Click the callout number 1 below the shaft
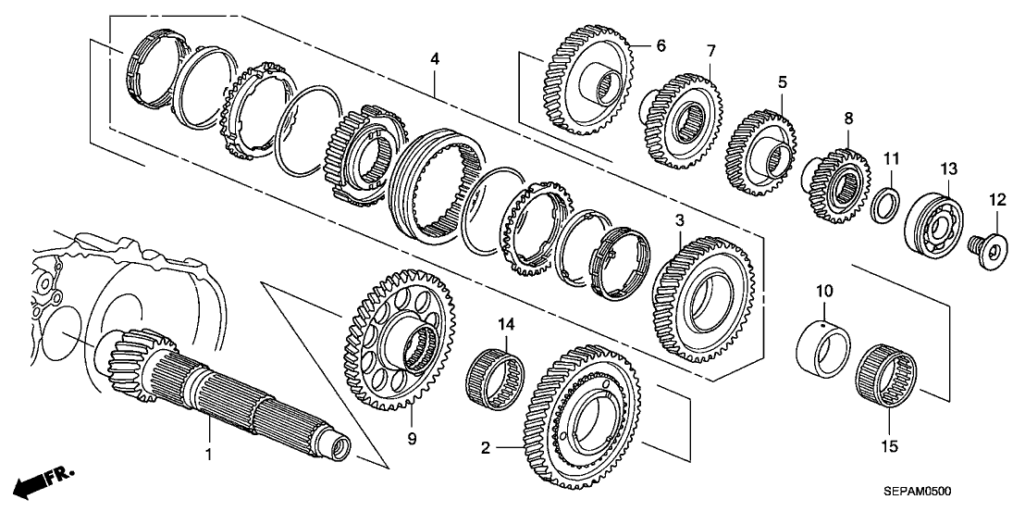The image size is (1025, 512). click(x=209, y=455)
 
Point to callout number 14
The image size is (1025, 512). click(x=506, y=325)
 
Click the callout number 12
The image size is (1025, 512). click(x=996, y=199)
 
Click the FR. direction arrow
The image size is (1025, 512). click(x=46, y=482)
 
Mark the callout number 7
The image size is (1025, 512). click(x=710, y=49)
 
